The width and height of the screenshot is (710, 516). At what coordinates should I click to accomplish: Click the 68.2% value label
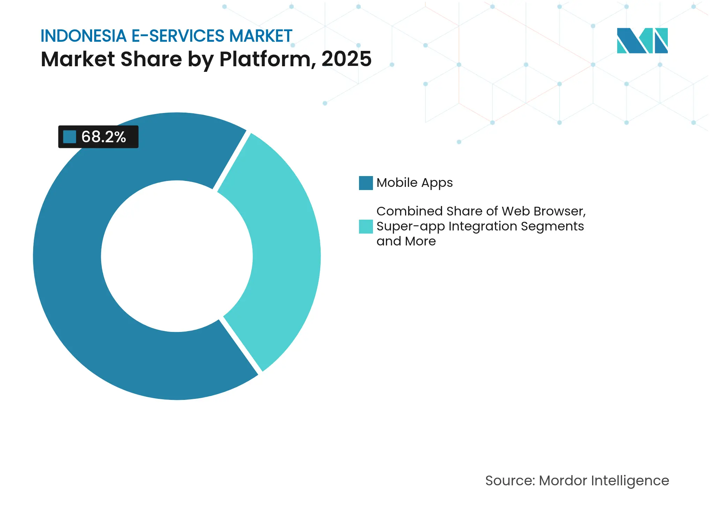[x=104, y=137]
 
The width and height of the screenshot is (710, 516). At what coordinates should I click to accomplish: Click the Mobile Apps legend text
[x=414, y=183]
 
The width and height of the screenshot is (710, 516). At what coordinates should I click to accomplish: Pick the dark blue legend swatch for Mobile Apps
[x=366, y=183]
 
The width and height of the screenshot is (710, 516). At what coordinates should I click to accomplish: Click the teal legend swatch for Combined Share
[x=366, y=226]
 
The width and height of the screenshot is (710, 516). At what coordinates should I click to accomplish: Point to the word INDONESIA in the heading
[x=83, y=36]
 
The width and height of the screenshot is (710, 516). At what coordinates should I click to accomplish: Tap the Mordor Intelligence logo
[x=642, y=40]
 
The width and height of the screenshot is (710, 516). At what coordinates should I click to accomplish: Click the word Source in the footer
[x=509, y=480]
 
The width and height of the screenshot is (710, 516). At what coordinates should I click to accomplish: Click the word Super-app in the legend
[x=410, y=226]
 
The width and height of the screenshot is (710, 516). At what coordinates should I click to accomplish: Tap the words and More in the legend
[x=406, y=241]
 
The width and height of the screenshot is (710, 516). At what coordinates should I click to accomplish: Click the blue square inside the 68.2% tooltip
[x=69, y=137]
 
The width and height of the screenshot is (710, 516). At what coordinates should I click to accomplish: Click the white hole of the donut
[x=177, y=256]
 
